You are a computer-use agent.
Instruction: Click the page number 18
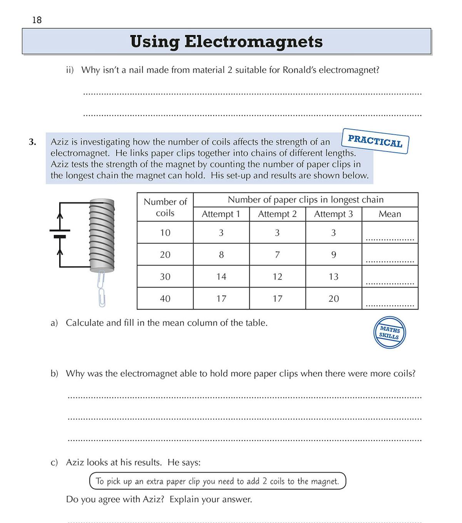coord(37,20)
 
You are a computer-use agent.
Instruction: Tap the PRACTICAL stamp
coord(375,141)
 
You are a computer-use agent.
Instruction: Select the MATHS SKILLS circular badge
coord(389,333)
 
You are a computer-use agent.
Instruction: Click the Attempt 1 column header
coord(221,214)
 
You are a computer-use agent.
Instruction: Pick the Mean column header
coord(390,214)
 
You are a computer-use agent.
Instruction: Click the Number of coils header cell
coord(165,207)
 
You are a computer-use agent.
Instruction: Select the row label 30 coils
coord(165,277)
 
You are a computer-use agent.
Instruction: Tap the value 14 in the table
coord(221,277)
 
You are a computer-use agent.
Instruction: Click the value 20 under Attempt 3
coord(333,298)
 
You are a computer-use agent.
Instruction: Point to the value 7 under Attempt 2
coord(277,255)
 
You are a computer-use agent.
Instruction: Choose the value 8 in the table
coord(221,255)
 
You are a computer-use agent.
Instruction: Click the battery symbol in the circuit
coord(60,234)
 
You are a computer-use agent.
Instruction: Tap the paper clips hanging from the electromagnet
coord(102,288)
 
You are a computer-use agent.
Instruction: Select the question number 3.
coord(32,142)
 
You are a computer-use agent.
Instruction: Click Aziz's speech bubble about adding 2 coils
coord(218,481)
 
